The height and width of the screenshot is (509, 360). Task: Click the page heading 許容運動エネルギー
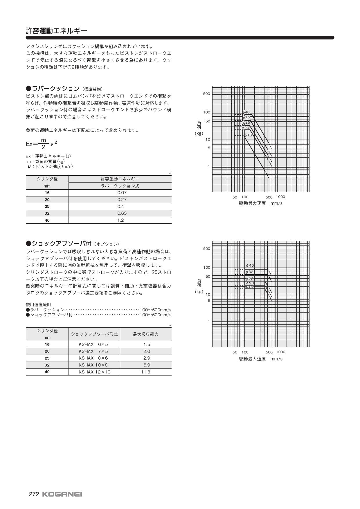pyautogui.click(x=56, y=31)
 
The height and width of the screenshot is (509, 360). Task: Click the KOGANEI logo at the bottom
pyautogui.click(x=62, y=494)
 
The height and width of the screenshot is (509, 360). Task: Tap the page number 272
pyautogui.click(x=34, y=494)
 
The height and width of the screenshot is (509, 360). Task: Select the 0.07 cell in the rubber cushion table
pyautogui.click(x=122, y=193)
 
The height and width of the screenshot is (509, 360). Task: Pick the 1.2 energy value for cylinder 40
pyautogui.click(x=120, y=220)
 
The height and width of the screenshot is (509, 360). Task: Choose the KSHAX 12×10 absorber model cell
pyautogui.click(x=94, y=372)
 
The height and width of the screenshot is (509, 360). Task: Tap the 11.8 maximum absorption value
pyautogui.click(x=145, y=372)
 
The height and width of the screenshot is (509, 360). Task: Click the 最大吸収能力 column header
pyautogui.click(x=145, y=334)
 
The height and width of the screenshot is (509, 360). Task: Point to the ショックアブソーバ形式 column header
pyautogui.click(x=94, y=334)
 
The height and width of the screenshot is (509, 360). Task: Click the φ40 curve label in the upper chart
pyautogui.click(x=246, y=112)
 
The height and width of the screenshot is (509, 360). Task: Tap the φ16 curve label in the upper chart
pyautogui.click(x=248, y=135)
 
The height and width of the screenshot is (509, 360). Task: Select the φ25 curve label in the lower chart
pyautogui.click(x=250, y=279)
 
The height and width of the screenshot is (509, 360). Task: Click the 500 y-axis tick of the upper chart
pyautogui.click(x=206, y=94)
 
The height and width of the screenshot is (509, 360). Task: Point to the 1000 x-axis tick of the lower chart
pyautogui.click(x=280, y=352)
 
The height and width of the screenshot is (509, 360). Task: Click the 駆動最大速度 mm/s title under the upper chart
pyautogui.click(x=260, y=203)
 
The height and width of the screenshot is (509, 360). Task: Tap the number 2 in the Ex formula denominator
pyautogui.click(x=43, y=147)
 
